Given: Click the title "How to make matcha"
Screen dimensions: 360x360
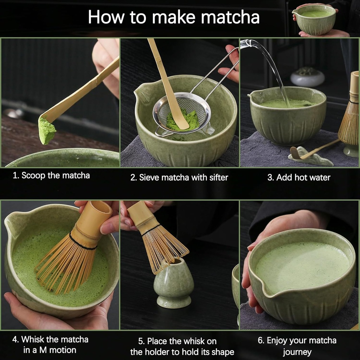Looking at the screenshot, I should (x=174, y=17).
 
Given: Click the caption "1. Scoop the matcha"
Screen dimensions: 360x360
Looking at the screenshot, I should (x=51, y=175).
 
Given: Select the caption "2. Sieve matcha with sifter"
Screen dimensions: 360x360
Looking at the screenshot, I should (x=179, y=178).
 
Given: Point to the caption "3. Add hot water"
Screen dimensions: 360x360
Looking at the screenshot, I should (x=299, y=178).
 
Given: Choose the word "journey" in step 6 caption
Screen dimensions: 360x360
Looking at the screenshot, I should (x=297, y=352).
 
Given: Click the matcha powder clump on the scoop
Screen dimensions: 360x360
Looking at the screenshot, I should (x=46, y=131).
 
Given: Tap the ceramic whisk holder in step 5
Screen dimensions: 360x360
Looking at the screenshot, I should (x=173, y=285).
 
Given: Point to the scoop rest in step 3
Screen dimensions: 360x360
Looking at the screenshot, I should (x=309, y=158).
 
